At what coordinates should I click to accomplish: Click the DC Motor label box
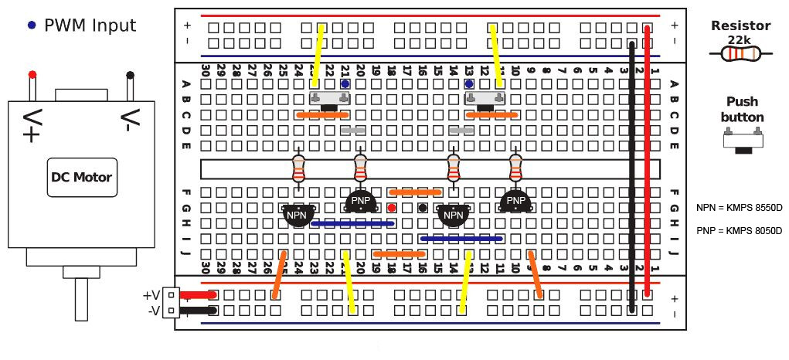[x=81, y=177]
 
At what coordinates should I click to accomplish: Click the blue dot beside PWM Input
[x=31, y=25]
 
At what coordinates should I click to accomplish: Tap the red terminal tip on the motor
[x=32, y=75]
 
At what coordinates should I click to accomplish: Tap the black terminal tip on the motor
[x=131, y=75]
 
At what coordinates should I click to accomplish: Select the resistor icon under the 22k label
[x=741, y=53]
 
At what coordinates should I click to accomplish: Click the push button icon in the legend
[x=742, y=140]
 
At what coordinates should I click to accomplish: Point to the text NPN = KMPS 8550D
[x=739, y=208]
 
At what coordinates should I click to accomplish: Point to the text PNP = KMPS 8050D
[x=739, y=230]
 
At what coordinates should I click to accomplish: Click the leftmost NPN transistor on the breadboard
[x=298, y=215]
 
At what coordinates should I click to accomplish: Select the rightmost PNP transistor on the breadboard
[x=515, y=202]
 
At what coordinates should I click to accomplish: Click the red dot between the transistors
[x=392, y=207]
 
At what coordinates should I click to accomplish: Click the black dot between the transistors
[x=423, y=207]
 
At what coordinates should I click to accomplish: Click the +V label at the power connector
[x=151, y=295]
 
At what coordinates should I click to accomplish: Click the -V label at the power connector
[x=151, y=311]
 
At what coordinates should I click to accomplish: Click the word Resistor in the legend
[x=740, y=25]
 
